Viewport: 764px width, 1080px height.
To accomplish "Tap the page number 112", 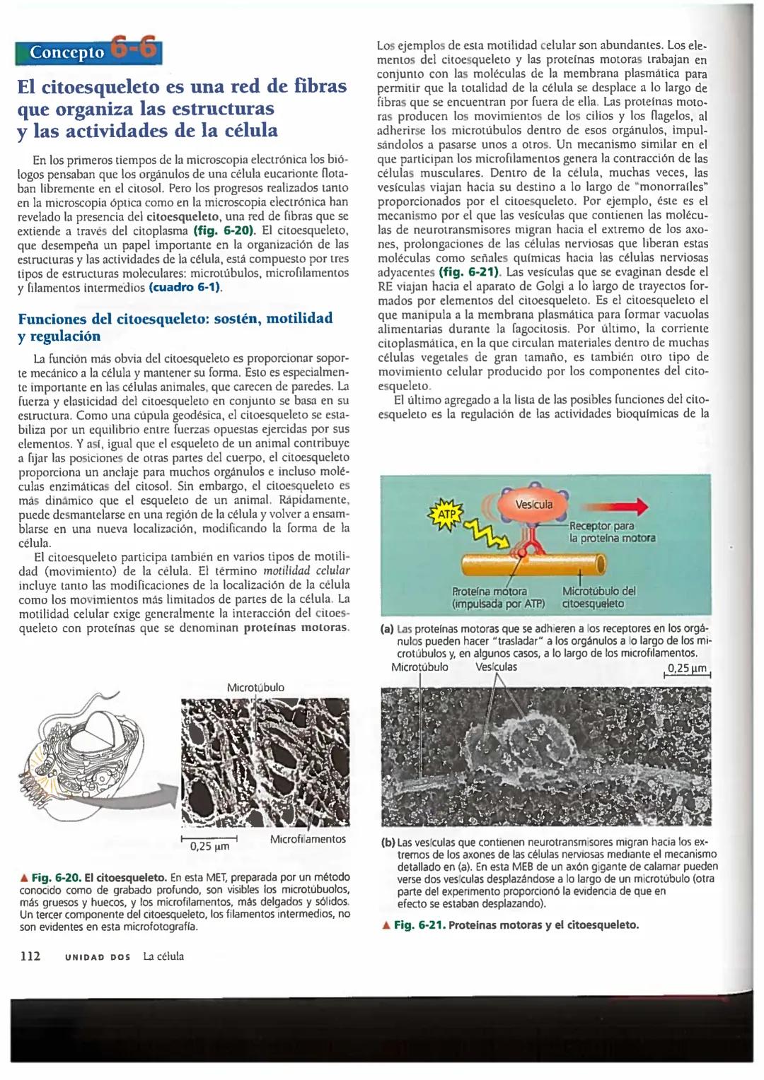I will coord(30,956).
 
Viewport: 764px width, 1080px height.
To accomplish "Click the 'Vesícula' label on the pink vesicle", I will coord(534,504).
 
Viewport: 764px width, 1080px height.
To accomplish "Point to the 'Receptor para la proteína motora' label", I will coord(611,532).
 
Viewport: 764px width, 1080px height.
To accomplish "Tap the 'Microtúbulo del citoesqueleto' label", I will coord(598,597).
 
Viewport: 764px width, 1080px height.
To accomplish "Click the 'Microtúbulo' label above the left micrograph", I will coord(255,687).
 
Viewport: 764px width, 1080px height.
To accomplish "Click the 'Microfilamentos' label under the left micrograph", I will coord(308,839).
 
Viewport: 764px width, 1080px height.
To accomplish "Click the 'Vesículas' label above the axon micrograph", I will coord(496,667).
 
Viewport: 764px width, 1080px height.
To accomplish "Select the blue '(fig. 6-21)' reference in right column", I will coord(470,271).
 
